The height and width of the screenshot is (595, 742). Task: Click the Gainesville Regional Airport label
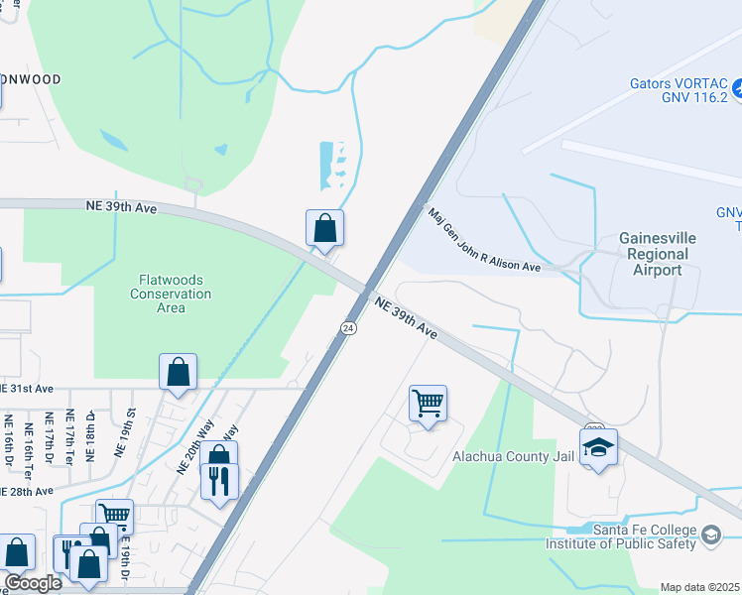point(657,254)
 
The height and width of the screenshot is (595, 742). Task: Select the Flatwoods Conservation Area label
point(171,294)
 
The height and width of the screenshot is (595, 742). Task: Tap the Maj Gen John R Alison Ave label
point(483,240)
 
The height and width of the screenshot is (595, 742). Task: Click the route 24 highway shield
point(348,327)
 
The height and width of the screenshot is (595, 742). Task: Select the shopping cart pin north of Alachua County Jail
point(428,403)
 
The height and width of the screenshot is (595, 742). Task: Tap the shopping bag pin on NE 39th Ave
point(324,228)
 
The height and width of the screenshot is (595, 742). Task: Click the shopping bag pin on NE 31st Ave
point(178,372)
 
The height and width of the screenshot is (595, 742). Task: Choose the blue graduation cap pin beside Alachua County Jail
point(598,447)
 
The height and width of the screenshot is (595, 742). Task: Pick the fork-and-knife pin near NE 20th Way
point(219,481)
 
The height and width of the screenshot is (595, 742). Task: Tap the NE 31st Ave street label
point(27,388)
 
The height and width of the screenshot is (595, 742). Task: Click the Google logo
point(33,582)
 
